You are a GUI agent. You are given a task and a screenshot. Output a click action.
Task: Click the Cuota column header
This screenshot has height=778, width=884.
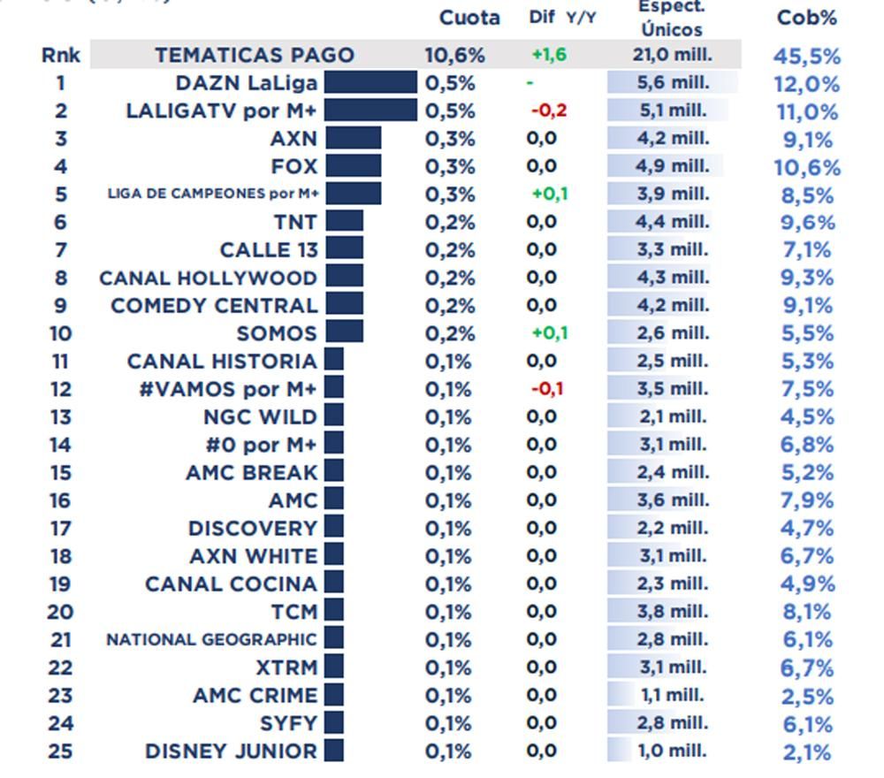469,18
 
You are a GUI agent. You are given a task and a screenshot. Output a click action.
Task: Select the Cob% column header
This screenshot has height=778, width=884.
806,18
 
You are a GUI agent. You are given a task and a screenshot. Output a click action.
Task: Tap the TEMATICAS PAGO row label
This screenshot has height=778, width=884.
255,55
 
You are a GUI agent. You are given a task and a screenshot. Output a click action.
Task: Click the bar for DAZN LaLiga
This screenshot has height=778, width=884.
370,83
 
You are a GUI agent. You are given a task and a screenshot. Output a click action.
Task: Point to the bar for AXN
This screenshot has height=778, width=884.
353,139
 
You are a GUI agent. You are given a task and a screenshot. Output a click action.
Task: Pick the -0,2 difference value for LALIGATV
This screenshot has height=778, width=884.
548,111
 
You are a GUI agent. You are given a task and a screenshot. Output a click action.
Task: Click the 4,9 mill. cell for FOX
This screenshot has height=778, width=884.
672,166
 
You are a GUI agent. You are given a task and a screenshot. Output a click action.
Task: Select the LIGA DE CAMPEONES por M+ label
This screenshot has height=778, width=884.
212,194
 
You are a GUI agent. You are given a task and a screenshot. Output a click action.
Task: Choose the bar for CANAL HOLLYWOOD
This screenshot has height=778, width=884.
344,278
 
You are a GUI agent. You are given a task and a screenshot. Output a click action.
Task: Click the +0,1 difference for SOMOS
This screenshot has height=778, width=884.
549,333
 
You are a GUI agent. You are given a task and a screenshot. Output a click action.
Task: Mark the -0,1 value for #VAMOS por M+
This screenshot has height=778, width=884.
547,389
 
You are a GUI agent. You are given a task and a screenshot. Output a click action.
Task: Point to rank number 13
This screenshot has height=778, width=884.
60,417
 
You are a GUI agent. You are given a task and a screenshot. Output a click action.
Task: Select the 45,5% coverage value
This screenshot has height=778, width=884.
806,56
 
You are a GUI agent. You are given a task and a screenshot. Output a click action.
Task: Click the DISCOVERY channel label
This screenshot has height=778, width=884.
252,529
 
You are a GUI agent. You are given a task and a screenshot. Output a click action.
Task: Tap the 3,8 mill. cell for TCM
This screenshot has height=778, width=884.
672,612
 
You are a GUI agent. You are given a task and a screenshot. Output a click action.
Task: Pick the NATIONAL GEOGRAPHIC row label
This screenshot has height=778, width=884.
211,639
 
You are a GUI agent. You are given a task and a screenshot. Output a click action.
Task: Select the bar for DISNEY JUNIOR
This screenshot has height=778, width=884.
333,751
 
